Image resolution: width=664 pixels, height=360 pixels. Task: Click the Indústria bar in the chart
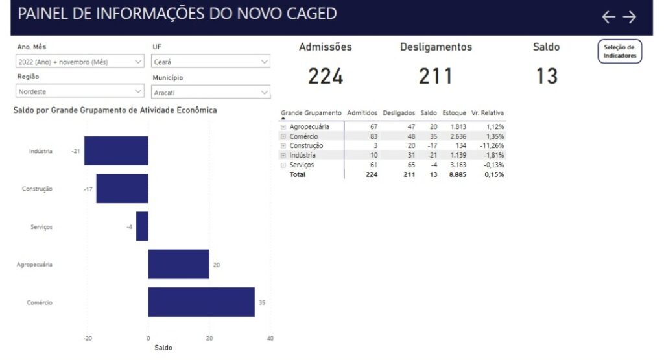coord(116,150)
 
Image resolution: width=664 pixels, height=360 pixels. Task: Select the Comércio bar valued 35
coord(201,302)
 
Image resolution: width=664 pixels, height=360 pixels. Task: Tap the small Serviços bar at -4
coord(142,226)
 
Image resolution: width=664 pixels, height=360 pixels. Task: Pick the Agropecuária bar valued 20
coord(178,264)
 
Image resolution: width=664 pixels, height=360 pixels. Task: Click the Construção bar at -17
coord(122,189)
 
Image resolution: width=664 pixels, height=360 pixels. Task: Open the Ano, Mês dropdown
coord(80,62)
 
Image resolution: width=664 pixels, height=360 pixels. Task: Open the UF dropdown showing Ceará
coord(211,62)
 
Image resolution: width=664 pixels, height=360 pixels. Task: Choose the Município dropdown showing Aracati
coord(211,92)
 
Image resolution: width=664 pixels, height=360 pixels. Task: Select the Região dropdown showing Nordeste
coord(80,91)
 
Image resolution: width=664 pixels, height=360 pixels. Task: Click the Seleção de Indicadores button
coord(619,51)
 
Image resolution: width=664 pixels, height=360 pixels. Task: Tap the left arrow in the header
coord(608,17)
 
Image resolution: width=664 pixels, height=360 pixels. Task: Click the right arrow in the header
coord(629,17)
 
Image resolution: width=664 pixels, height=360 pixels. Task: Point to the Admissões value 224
coord(326,77)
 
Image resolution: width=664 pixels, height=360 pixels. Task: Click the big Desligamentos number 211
coord(436,77)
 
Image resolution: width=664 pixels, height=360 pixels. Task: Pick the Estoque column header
coord(454,113)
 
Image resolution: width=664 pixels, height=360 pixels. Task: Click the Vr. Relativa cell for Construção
coord(492,146)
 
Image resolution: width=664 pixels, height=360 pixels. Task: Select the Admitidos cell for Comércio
coord(373,136)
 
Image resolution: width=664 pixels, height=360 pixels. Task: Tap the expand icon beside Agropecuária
coord(283,126)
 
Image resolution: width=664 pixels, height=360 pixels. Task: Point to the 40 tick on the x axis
coord(270,338)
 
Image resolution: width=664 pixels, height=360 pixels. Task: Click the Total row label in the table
coord(297,174)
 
